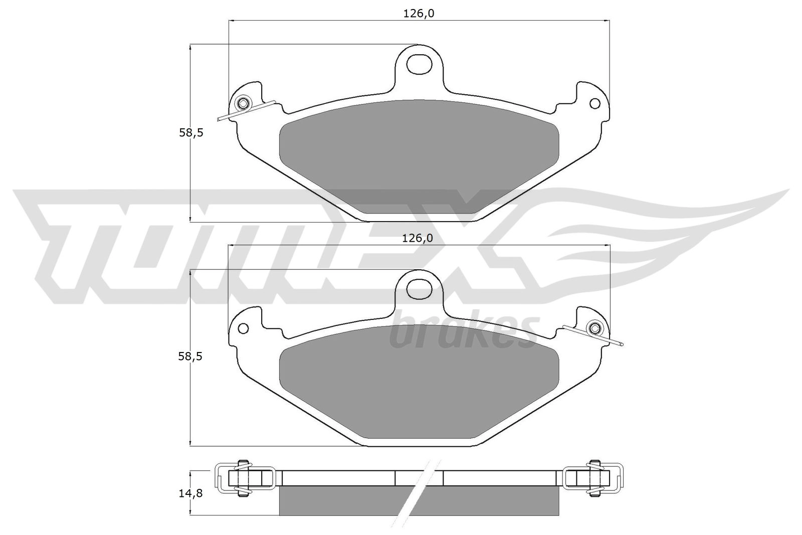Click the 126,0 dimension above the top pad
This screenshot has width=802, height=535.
419,14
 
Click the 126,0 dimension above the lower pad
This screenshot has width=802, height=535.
418,238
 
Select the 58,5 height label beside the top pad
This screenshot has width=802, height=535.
191,133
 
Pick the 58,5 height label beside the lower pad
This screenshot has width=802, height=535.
190,356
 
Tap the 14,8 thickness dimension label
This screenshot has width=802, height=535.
190,493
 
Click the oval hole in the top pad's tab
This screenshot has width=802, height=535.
419,65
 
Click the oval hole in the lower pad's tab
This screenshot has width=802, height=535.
419,289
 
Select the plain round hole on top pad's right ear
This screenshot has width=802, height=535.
595,103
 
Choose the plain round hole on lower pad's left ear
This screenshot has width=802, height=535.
244,328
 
